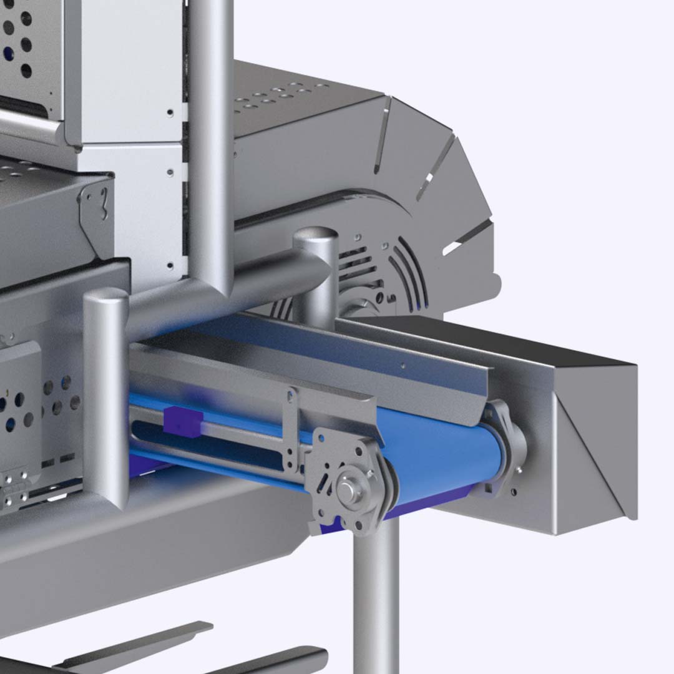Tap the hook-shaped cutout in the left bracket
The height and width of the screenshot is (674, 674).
pyautogui.click(x=102, y=203)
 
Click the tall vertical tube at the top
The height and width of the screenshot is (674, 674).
pyautogui.click(x=211, y=125)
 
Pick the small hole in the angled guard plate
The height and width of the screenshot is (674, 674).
pyautogui.click(x=403, y=366)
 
